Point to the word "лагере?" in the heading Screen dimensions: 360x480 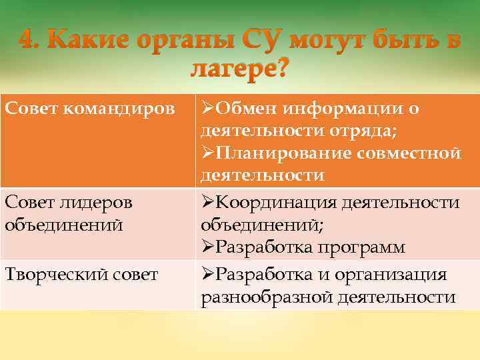click(x=239, y=67)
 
